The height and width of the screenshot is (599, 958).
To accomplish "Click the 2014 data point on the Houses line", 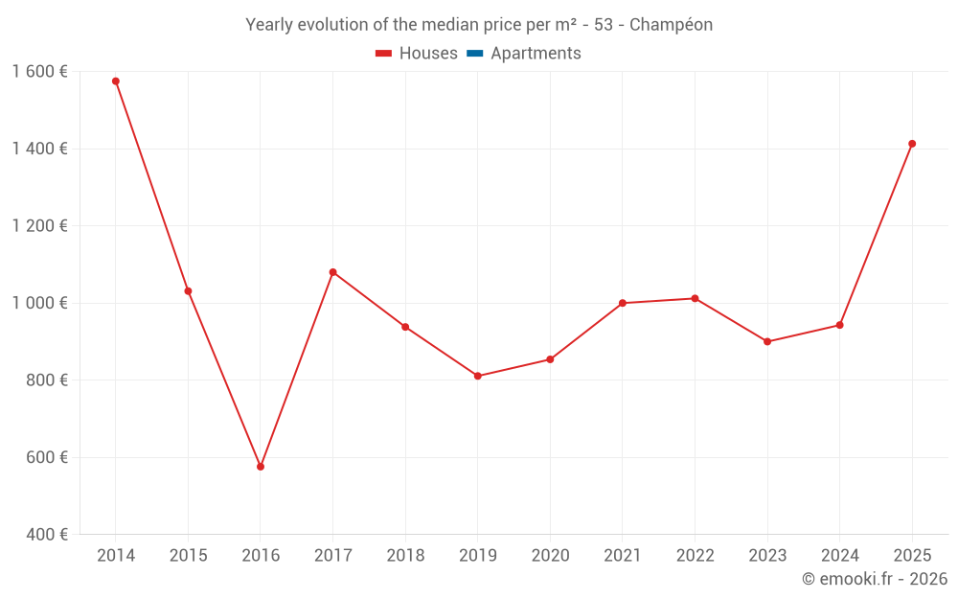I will pyautogui.click(x=116, y=81).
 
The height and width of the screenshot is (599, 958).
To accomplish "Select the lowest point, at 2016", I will pyautogui.click(x=261, y=467).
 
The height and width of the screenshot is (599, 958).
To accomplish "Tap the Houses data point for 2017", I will pyautogui.click(x=333, y=272).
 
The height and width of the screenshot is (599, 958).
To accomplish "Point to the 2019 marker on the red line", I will pyautogui.click(x=478, y=376).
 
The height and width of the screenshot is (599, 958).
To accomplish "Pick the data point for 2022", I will pyautogui.click(x=696, y=298).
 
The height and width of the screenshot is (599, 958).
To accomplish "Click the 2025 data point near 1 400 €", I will pyautogui.click(x=912, y=144).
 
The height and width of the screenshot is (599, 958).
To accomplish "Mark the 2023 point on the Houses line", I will pyautogui.click(x=767, y=341).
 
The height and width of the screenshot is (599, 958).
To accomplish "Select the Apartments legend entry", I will pyautogui.click(x=536, y=54).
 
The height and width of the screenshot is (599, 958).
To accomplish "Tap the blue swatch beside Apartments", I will pyautogui.click(x=474, y=54).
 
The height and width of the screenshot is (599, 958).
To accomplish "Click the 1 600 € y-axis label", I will pyautogui.click(x=39, y=72).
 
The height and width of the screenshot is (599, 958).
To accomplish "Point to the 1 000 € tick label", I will pyautogui.click(x=39, y=303).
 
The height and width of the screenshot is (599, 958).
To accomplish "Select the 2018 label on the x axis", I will pyautogui.click(x=405, y=556).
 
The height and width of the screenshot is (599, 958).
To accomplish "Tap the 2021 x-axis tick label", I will pyautogui.click(x=623, y=556).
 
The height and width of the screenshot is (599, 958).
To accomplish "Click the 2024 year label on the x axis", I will pyautogui.click(x=840, y=556).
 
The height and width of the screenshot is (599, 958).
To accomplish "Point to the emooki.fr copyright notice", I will pyautogui.click(x=874, y=579).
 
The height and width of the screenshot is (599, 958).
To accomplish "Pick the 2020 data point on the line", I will pyautogui.click(x=550, y=359).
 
